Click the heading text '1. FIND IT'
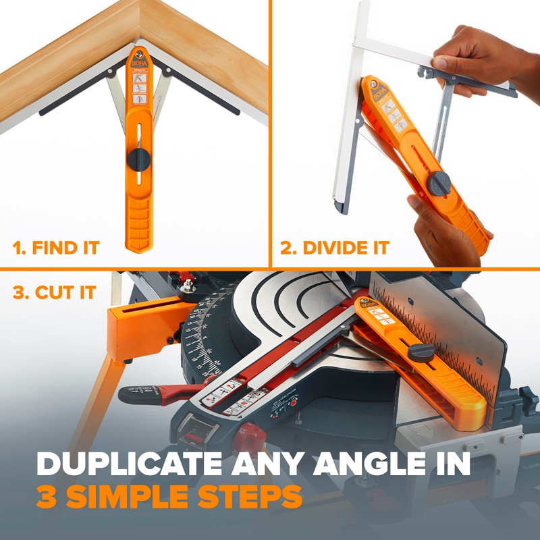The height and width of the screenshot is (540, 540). point(56,248)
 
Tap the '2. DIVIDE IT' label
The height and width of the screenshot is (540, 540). point(335,248)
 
